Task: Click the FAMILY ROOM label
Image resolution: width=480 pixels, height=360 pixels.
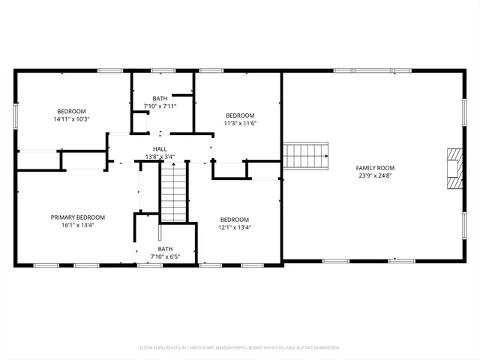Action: click(375, 168)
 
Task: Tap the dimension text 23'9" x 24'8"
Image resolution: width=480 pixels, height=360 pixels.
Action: click(375, 176)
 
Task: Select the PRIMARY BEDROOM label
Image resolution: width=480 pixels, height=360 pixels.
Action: click(78, 217)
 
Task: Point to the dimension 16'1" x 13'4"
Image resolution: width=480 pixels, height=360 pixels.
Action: click(78, 226)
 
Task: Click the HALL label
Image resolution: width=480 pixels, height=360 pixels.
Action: click(160, 149)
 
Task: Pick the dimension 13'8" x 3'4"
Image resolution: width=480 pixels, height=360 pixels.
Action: click(160, 157)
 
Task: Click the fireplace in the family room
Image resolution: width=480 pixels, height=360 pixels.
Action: click(454, 169)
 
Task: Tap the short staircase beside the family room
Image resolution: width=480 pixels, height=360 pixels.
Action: click(305, 156)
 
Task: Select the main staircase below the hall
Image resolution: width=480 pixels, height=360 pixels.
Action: click(173, 193)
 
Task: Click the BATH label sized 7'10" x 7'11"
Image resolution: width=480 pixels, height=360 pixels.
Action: click(160, 98)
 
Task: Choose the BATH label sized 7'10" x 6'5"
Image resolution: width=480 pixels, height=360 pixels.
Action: click(165, 249)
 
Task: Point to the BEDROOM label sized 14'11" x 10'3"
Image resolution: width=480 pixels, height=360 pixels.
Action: click(71, 111)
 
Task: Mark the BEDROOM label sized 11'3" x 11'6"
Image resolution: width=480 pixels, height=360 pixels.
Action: click(241, 115)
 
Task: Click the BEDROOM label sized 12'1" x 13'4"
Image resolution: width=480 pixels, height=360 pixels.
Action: click(235, 219)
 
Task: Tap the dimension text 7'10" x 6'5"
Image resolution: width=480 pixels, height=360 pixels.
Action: click(165, 257)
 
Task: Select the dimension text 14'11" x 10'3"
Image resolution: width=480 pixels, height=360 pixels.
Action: click(71, 119)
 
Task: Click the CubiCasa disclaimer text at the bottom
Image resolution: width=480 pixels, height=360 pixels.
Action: click(239, 348)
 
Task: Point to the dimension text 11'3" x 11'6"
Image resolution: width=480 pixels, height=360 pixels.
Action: click(241, 124)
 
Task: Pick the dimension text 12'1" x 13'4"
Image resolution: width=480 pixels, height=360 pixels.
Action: click(235, 227)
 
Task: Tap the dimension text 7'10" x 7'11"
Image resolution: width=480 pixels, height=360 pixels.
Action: click(160, 106)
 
